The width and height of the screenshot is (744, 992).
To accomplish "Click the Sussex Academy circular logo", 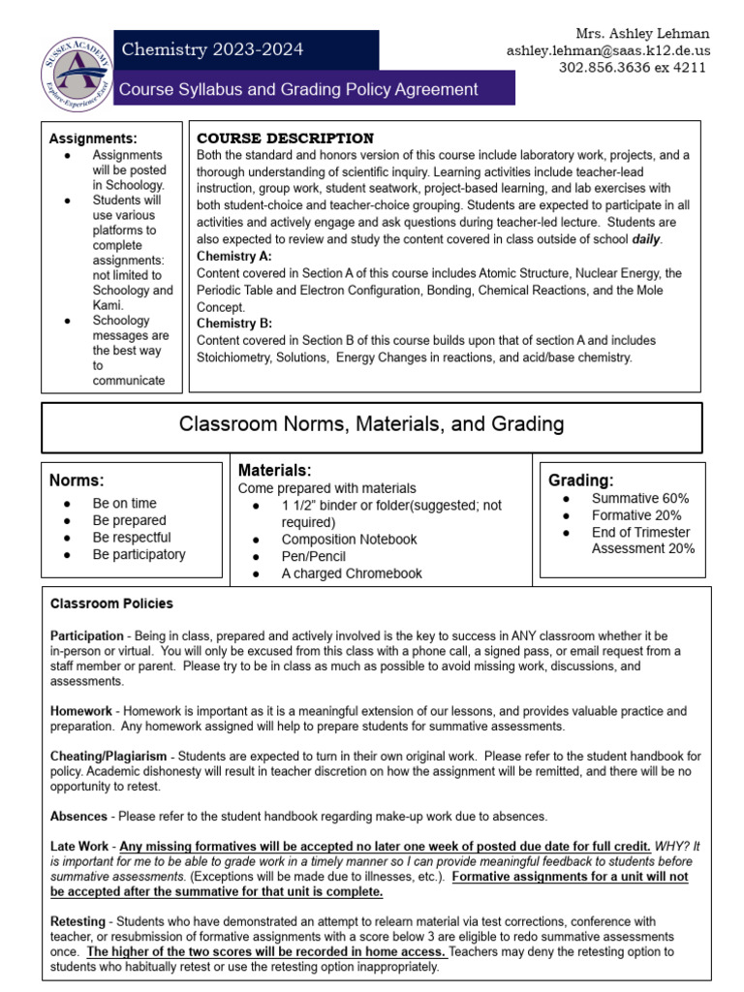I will point(77,69).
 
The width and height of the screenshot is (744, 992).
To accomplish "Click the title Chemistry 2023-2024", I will point(210,49).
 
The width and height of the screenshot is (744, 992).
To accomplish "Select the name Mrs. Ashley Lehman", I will point(643,33).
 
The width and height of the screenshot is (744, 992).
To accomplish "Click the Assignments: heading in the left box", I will point(93,139).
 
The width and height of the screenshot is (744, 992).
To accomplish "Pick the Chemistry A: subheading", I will point(234,256).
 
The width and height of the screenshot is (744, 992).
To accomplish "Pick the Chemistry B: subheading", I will point(234,323).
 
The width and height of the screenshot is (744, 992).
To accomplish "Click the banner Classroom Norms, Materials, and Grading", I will point(371,424).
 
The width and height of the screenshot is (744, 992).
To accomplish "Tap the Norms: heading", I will point(77,480).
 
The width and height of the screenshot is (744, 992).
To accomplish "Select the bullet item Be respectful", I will point(132,537).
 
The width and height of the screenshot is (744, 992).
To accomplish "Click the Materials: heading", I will point(274,470).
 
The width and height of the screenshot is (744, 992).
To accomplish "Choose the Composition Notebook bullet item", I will point(349,539).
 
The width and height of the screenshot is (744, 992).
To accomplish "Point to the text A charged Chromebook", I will point(352,573).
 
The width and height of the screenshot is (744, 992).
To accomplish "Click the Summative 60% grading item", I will point(639,498).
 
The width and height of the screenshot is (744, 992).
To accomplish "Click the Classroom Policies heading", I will point(111,604).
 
